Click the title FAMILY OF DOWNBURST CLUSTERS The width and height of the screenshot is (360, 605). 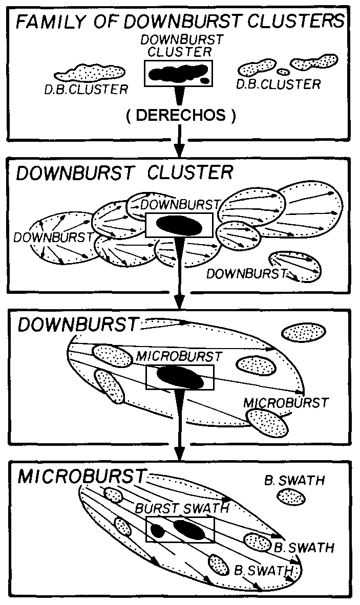pos(180,20)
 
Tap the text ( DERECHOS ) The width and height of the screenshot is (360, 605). pos(181,115)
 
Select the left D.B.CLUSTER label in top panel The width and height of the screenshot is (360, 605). pos(86,89)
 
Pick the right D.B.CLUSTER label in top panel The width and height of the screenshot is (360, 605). pos(278,84)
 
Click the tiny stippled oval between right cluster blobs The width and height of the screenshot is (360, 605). pos(283,71)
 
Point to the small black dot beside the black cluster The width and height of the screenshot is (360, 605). pos(204,80)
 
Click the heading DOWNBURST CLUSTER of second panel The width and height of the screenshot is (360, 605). pos(124,172)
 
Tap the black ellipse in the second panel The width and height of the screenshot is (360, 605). pos(179,225)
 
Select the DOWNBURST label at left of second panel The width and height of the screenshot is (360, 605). pos(54,237)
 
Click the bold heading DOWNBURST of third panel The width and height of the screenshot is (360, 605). pos(78,325)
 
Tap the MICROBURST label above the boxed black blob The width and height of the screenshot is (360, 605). pos(179,356)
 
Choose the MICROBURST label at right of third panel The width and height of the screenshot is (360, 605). pos(286,403)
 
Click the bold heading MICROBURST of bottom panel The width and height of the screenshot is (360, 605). pos(81,477)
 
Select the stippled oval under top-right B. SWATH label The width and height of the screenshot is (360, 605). pos(291,496)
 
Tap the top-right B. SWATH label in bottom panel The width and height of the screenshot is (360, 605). pos(294,481)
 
